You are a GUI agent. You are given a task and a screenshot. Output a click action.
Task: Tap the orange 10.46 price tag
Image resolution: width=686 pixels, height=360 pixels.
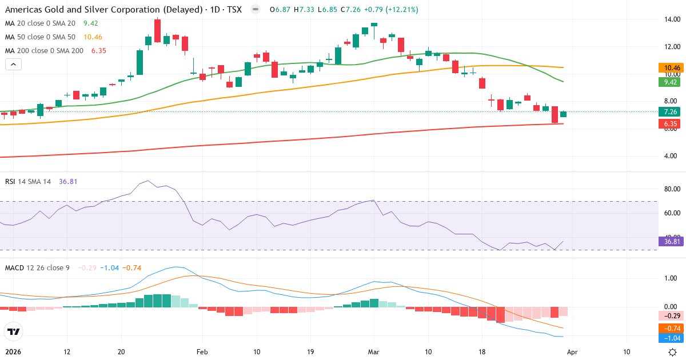(672, 67)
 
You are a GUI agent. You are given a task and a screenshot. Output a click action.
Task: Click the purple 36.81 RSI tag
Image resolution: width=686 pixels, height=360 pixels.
(672, 242)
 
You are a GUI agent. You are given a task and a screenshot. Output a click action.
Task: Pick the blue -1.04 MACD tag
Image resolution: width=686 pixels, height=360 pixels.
(672, 338)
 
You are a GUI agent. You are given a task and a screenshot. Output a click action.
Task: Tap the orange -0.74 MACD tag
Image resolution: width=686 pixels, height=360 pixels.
(672, 328)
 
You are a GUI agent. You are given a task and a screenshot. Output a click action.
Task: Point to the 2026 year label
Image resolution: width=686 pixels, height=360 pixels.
(13, 352)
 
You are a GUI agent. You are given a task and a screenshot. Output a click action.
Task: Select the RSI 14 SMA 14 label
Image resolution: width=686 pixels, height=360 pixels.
(27, 181)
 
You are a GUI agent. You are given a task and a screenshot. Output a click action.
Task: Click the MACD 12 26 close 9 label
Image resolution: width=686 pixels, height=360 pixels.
(37, 267)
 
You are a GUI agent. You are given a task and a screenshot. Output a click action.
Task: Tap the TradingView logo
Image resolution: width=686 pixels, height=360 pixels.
(14, 331)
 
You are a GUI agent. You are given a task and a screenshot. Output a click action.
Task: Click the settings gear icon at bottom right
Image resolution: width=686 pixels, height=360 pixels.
(673, 352)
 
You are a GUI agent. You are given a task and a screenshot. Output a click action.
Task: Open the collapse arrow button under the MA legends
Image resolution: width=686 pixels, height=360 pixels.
(13, 64)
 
